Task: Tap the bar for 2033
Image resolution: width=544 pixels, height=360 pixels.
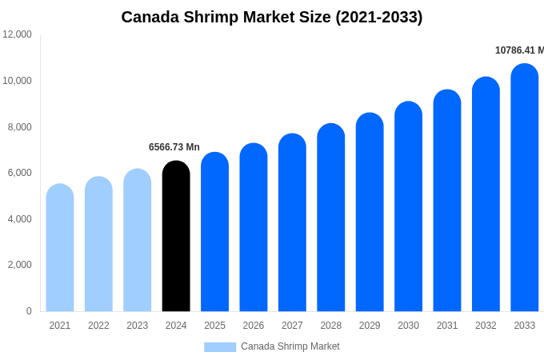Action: click(x=525, y=188)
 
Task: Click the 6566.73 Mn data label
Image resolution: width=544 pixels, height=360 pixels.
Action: click(x=174, y=147)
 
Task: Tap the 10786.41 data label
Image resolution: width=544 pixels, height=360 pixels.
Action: click(x=518, y=50)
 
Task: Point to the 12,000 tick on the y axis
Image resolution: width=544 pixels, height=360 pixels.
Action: click(x=17, y=34)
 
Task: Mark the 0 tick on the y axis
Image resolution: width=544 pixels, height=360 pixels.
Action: click(x=29, y=311)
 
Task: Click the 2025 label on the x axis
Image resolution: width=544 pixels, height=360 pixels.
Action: click(x=214, y=326)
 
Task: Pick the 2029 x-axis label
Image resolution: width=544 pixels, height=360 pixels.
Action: click(x=370, y=326)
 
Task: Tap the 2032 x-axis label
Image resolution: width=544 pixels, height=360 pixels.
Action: click(x=486, y=326)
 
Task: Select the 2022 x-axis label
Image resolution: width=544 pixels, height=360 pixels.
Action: click(x=98, y=326)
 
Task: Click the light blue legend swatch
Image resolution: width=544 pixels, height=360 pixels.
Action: click(x=220, y=347)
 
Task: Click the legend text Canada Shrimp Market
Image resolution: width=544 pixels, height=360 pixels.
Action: click(x=290, y=346)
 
